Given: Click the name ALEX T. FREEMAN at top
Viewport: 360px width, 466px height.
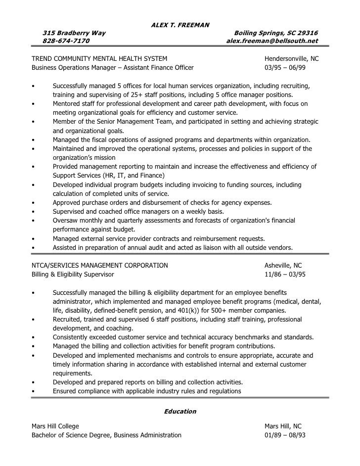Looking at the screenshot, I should click(x=180, y=24).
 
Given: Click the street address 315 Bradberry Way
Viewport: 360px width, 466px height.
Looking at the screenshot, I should click(x=74, y=33).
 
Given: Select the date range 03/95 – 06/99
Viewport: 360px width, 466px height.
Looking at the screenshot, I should click(x=285, y=67).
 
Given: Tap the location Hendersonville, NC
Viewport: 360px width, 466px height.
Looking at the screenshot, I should click(x=292, y=59).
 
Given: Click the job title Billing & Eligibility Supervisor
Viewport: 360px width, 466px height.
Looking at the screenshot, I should click(x=73, y=274).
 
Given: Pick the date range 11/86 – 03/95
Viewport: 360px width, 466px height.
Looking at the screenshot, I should click(x=285, y=274).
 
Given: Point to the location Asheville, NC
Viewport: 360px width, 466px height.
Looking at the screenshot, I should click(x=283, y=266).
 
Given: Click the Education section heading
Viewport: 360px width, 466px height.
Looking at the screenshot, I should click(x=180, y=411).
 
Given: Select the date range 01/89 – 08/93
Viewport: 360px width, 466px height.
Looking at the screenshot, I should click(x=285, y=435).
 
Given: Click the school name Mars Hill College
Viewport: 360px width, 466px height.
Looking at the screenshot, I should click(x=55, y=426).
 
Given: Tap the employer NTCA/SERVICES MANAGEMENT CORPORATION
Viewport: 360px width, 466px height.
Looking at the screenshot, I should click(x=99, y=266).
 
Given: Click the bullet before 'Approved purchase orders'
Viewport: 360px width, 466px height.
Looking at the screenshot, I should click(x=33, y=203).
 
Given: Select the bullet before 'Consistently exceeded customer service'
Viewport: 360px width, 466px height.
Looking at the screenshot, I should click(x=33, y=337).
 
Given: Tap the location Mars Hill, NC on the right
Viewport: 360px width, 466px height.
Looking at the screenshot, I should click(x=283, y=426).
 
